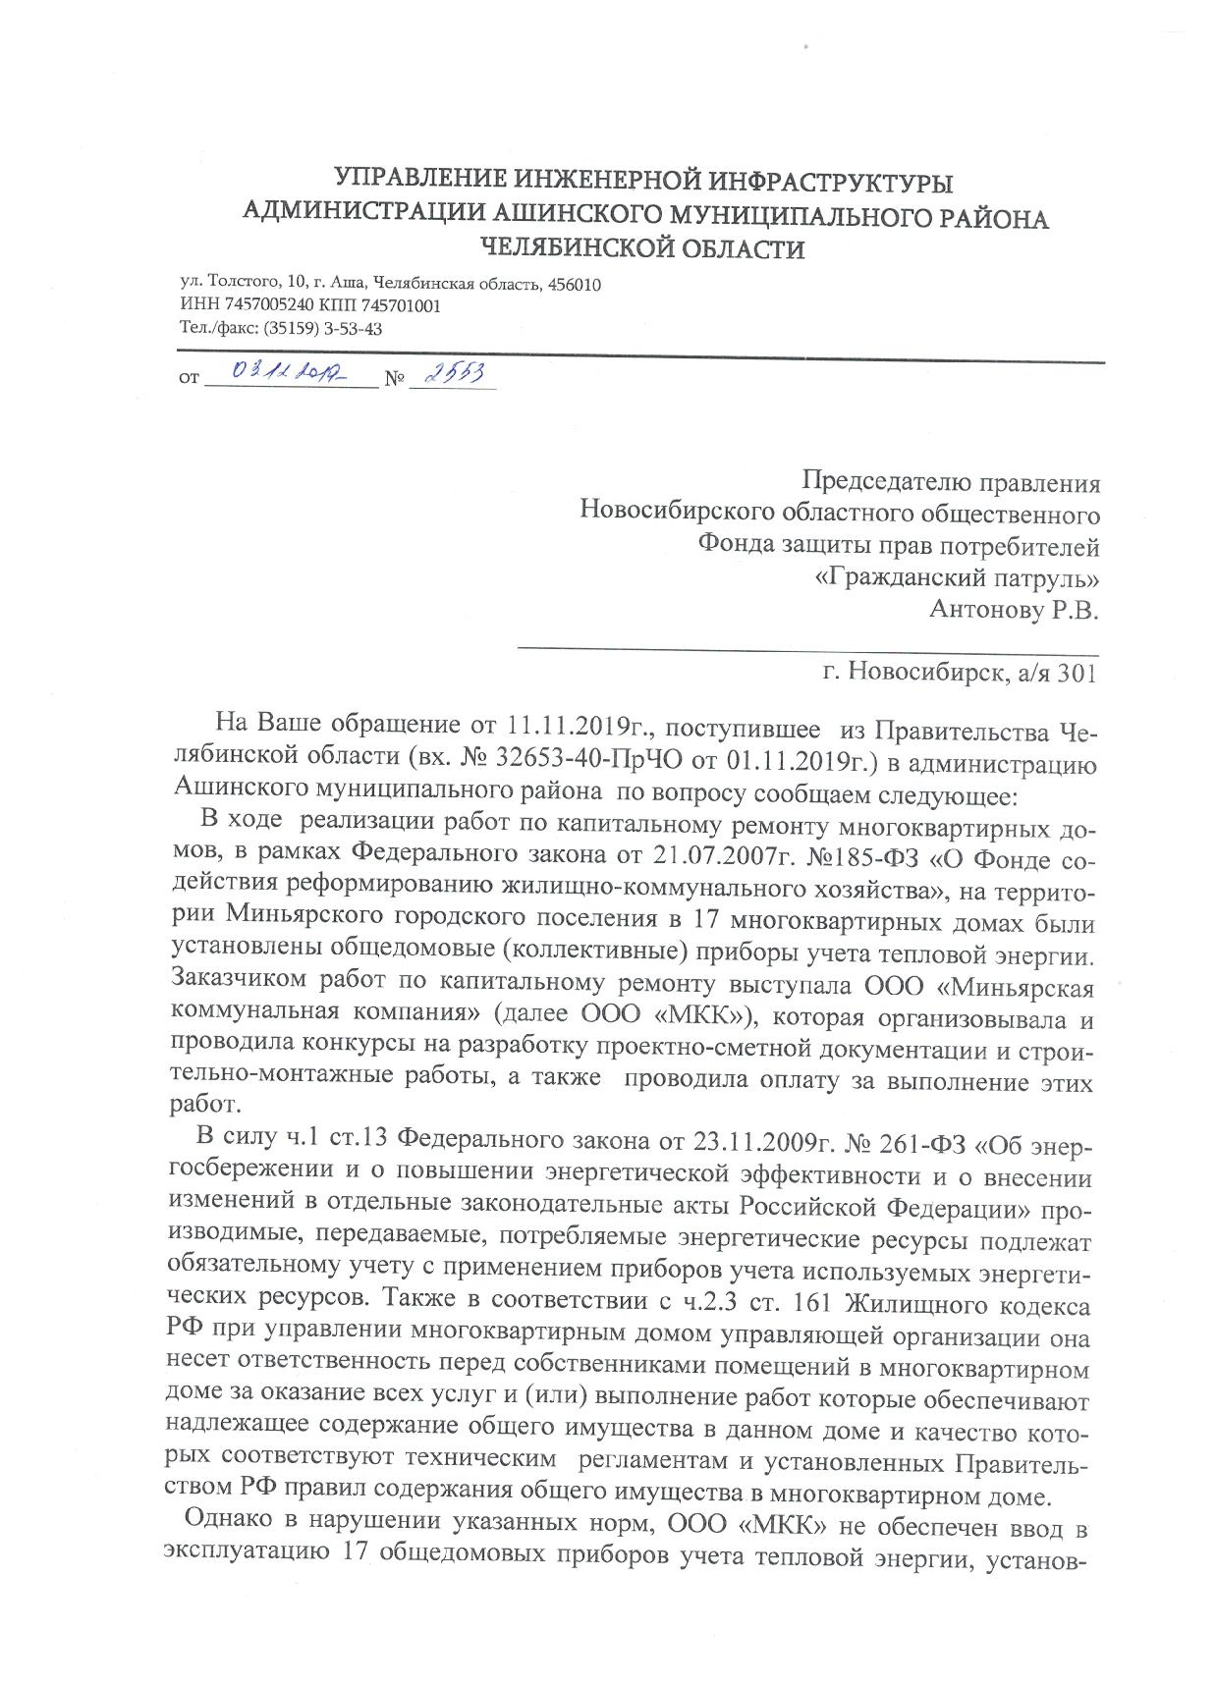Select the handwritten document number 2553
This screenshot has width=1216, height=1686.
(454, 373)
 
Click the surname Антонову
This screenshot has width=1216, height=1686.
(989, 609)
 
